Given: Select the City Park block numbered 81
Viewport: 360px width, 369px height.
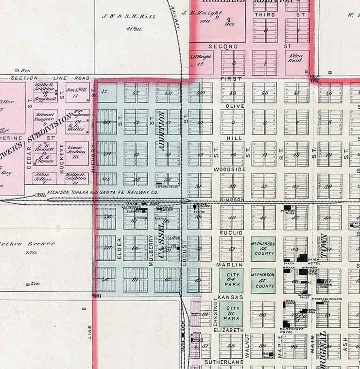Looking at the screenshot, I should pyautogui.click(x=231, y=313).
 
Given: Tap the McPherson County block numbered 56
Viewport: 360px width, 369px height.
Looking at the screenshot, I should pyautogui.click(x=263, y=248).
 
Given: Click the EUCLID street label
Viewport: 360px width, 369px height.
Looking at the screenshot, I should pyautogui.click(x=231, y=233).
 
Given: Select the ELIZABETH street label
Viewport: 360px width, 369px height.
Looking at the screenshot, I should pyautogui.click(x=228, y=330).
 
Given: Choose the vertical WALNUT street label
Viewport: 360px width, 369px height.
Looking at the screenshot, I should pyautogui.click(x=248, y=346).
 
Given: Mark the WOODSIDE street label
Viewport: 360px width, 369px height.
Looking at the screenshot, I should pyautogui.click(x=230, y=169).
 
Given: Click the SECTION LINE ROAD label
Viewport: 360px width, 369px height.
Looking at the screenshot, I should pyautogui.click(x=50, y=78).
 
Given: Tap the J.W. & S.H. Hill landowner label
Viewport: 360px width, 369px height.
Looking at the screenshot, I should pyautogui.click(x=128, y=16).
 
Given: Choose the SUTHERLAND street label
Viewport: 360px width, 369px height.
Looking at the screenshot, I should pyautogui.click(x=223, y=362).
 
